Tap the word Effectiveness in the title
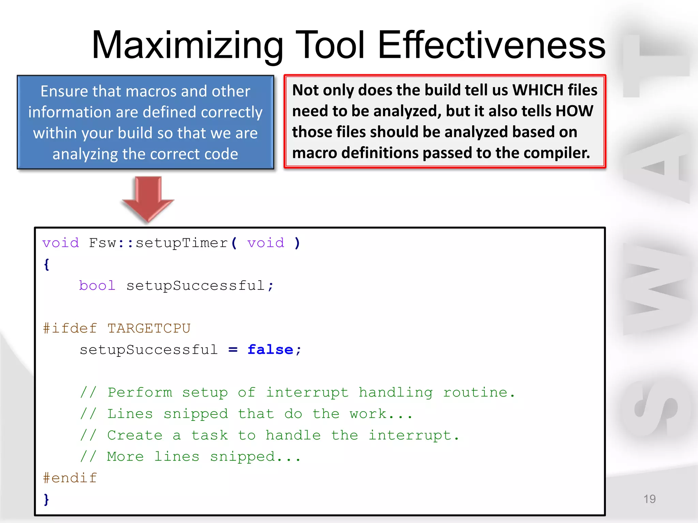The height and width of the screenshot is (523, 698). point(491,45)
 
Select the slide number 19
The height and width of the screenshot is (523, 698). point(649,499)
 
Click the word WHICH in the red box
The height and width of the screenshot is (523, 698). point(538,90)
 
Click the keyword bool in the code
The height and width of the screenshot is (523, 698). point(97,285)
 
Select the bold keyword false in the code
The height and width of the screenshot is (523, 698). point(270,350)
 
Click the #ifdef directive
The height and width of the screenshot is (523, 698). point(70,328)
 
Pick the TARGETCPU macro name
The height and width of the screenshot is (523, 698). point(149,328)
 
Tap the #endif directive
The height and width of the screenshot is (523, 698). point(70,478)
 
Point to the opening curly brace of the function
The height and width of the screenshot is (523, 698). point(47,264)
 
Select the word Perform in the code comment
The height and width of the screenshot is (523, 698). point(140,393)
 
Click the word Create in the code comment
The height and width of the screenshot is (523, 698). point(135,435)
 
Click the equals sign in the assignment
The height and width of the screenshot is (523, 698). point(233,350)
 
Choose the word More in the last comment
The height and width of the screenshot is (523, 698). point(125,457)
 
